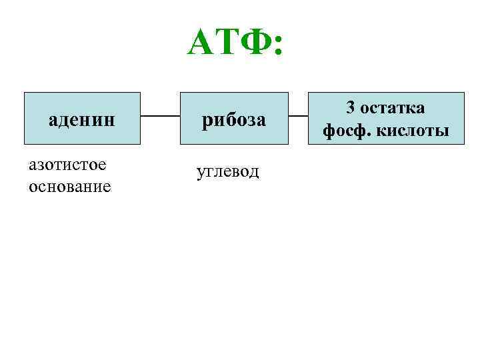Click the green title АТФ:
pyautogui.click(x=235, y=45)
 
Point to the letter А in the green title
pyautogui.click(x=202, y=45)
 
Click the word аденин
pyautogui.click(x=82, y=120)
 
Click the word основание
pyautogui.click(x=70, y=186)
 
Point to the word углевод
pyautogui.click(x=228, y=171)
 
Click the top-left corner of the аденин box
pyautogui.click(x=25, y=93)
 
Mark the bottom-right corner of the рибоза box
pyautogui.click(x=288, y=144)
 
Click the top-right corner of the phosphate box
pyautogui.click(x=463, y=93)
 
